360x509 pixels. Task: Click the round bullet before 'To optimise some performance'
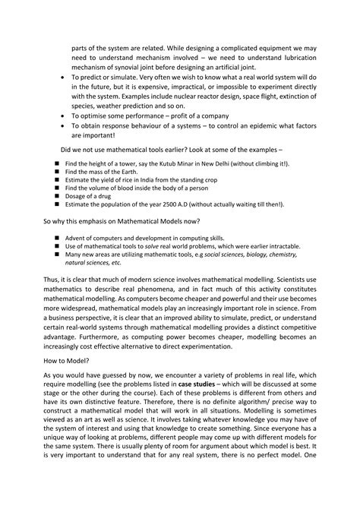(62, 115)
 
